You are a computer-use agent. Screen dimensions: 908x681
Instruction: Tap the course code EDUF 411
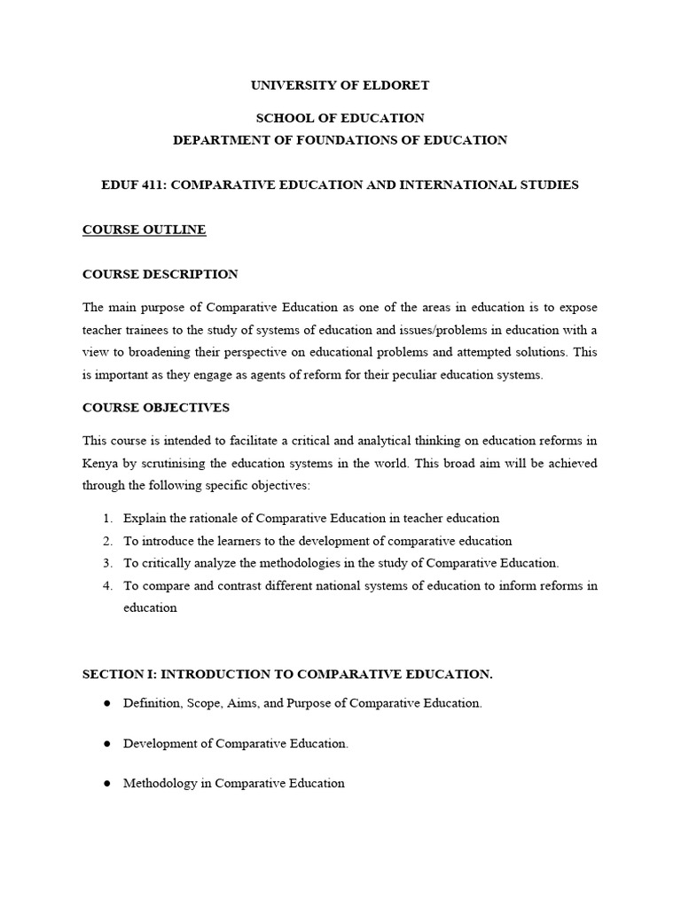pyautogui.click(x=133, y=184)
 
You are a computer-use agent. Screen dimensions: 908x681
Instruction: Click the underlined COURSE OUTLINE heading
pyautogui.click(x=144, y=230)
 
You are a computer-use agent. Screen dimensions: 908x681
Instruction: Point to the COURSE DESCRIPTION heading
pyautogui.click(x=160, y=274)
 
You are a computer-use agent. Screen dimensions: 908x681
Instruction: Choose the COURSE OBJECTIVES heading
pyautogui.click(x=155, y=407)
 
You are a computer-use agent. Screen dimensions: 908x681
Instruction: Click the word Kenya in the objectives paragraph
pyautogui.click(x=100, y=463)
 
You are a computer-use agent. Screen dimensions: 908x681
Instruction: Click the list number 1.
pyautogui.click(x=106, y=518)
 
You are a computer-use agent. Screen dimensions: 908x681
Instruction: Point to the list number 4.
pyautogui.click(x=106, y=585)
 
